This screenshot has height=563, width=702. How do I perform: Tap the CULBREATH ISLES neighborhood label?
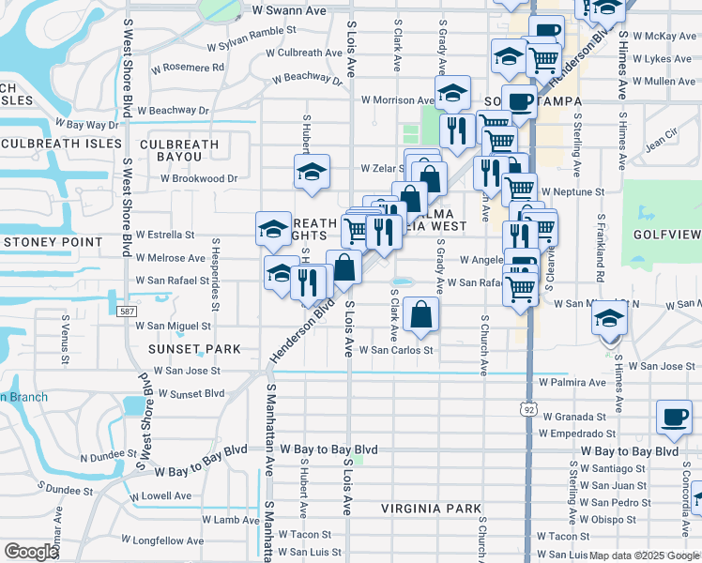tap(62, 144)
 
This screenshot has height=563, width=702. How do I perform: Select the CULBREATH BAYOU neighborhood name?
tap(178, 145)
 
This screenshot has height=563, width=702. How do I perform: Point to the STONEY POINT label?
tap(52, 242)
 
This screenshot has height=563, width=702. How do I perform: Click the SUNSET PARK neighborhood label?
tap(194, 349)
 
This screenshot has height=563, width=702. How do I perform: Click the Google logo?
tap(30, 552)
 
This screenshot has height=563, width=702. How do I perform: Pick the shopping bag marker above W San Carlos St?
tap(422, 315)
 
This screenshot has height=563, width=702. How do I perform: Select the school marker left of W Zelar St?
tap(312, 171)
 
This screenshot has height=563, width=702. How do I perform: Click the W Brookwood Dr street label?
tap(198, 178)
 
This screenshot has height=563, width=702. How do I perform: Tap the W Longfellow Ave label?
tap(164, 540)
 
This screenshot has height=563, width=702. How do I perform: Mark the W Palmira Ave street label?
tap(572, 383)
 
